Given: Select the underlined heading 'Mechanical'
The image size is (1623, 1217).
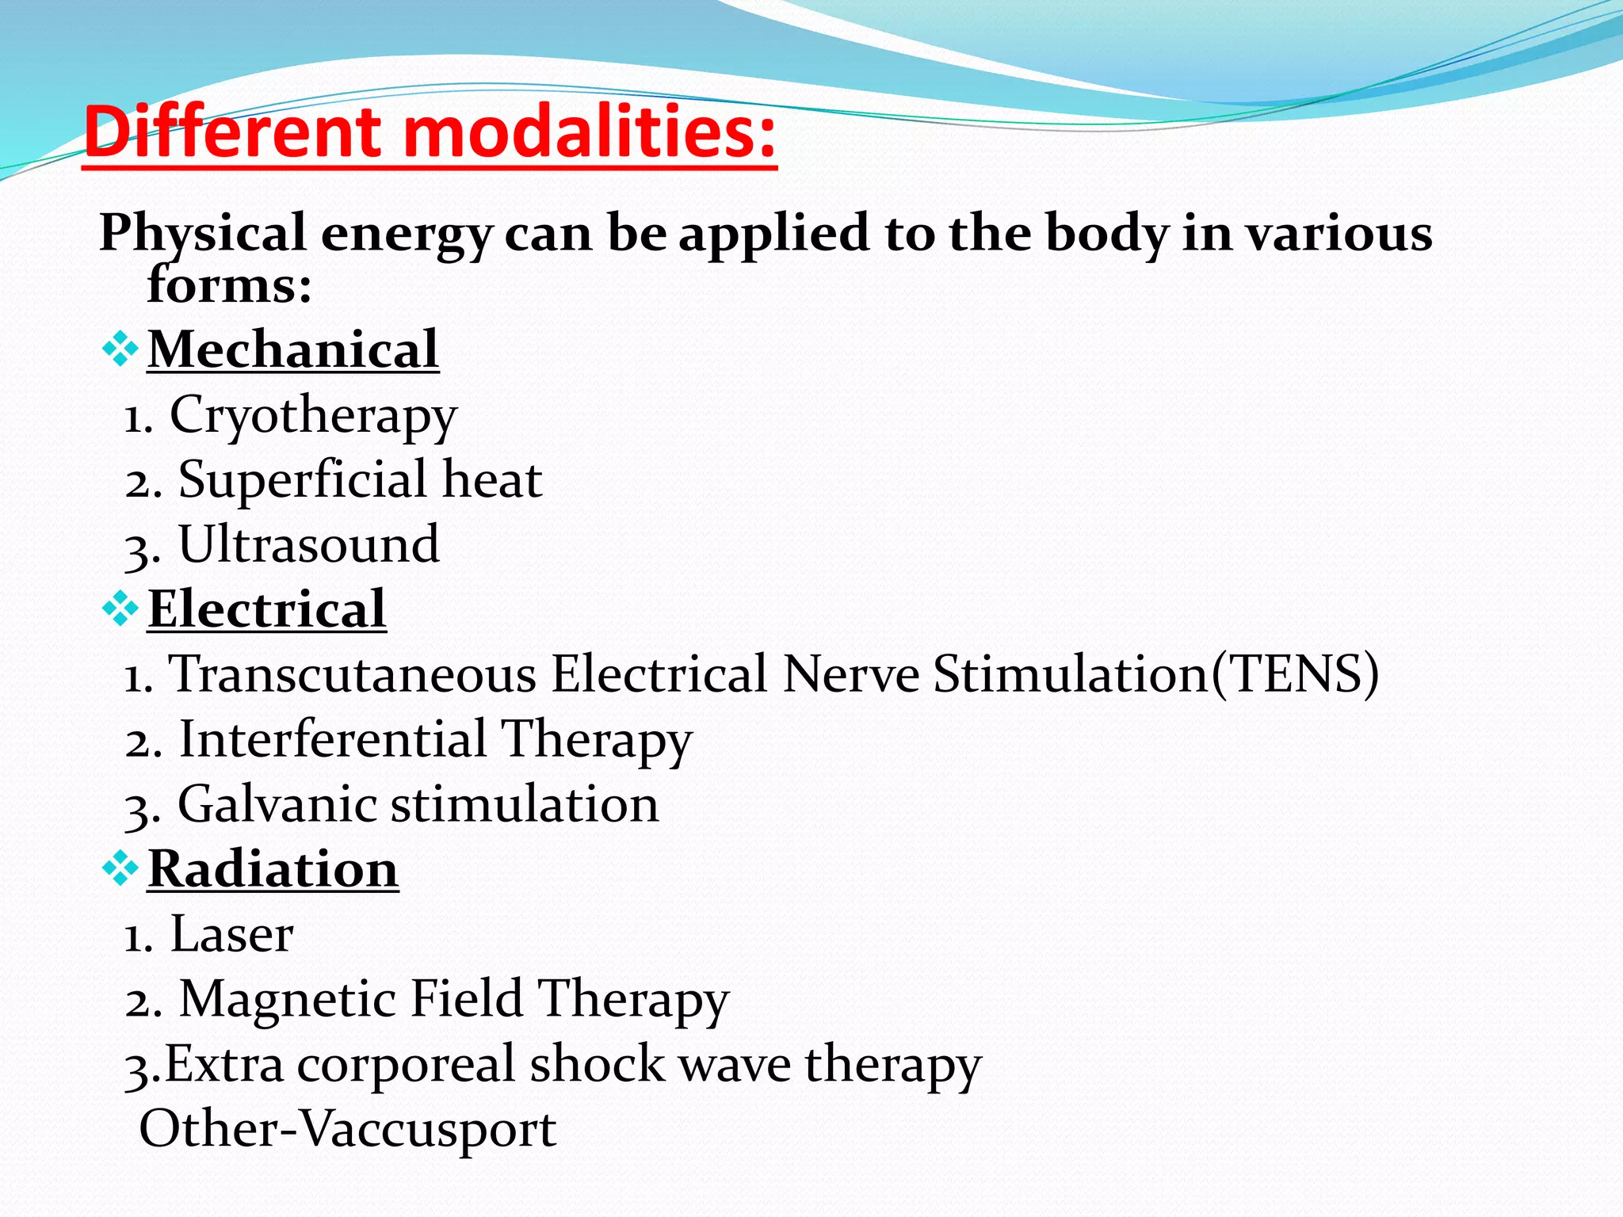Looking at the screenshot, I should pyautogui.click(x=293, y=349).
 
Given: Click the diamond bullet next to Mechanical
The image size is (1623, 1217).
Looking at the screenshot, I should pyautogui.click(x=120, y=349).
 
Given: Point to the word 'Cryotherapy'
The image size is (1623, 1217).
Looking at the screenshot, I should pyautogui.click(x=313, y=415).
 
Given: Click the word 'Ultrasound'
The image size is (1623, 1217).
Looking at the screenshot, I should pyautogui.click(x=309, y=544).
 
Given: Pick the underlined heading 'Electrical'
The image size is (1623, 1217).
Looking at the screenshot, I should pyautogui.click(x=267, y=609).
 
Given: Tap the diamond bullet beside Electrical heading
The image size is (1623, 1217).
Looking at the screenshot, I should pyautogui.click(x=120, y=609).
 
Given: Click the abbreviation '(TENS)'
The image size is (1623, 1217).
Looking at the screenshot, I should pyautogui.click(x=1295, y=674).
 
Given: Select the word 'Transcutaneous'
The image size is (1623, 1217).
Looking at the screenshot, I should pyautogui.click(x=353, y=674).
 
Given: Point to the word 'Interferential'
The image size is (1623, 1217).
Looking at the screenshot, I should pyautogui.click(x=333, y=739).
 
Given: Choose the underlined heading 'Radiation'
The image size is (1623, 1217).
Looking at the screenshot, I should pyautogui.click(x=273, y=869).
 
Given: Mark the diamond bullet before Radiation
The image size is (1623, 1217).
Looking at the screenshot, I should pyautogui.click(x=120, y=869).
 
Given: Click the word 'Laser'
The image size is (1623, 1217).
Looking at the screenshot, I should pyautogui.click(x=231, y=934).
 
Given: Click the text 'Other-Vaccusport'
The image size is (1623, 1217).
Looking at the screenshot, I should pyautogui.click(x=347, y=1128).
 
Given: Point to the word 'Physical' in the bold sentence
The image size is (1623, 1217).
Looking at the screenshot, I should pyautogui.click(x=202, y=234).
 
